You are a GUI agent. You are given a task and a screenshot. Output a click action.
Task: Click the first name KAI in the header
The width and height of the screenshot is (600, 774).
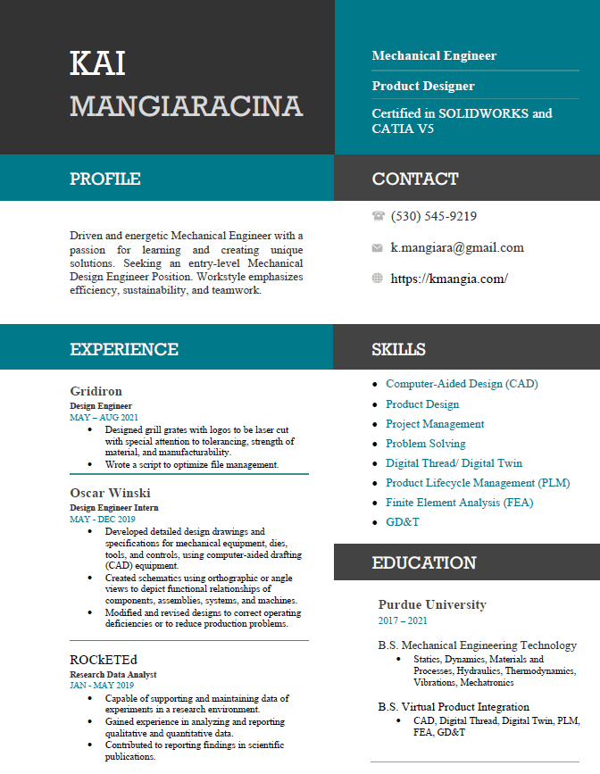97,63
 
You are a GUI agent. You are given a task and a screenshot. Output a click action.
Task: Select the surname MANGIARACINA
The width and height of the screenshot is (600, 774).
186,106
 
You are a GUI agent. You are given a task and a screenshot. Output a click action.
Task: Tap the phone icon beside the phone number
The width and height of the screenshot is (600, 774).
378,216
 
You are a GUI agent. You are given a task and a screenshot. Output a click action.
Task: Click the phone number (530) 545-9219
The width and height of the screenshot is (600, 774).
434,216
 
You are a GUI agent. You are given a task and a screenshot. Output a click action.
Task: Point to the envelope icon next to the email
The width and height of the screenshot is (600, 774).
378,247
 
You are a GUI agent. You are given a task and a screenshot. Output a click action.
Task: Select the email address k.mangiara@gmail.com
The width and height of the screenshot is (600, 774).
457,247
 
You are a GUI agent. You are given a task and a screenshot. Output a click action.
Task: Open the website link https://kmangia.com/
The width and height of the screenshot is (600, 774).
449,279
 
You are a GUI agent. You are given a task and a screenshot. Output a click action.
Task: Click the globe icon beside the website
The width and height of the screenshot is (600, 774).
378,279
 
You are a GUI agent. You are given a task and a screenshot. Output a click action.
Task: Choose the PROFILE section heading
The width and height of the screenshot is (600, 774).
105,179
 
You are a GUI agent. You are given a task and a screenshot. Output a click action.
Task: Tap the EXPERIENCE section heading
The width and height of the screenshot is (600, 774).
124,349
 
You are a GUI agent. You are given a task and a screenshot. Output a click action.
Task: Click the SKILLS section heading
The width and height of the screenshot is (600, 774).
398,349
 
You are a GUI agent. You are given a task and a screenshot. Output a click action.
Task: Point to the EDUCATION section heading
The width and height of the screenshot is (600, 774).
424,562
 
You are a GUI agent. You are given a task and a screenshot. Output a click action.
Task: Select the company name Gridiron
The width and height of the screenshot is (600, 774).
96,391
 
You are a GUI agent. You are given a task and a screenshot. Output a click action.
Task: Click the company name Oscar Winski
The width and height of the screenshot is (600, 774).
110,493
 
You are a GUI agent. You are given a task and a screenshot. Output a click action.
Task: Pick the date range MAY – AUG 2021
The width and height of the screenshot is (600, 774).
104,417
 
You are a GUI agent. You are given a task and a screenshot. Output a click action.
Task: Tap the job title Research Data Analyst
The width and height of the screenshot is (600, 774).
112,675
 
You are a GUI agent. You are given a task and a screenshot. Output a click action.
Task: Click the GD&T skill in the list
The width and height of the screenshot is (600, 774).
402,522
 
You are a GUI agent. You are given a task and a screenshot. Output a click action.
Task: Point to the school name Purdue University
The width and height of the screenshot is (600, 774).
432,604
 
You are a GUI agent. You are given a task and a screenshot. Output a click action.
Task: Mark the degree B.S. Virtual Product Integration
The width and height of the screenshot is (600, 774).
454,707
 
